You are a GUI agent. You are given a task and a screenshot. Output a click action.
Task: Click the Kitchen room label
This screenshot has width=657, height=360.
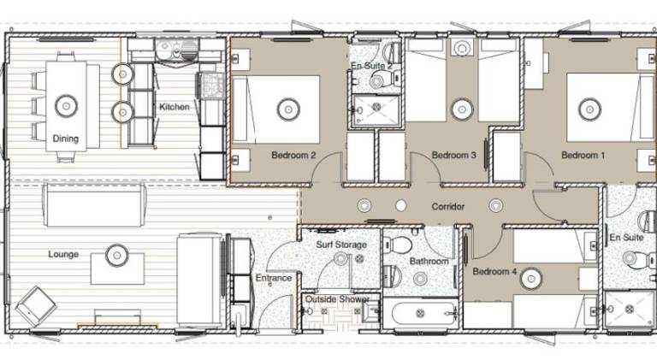pyautogui.click(x=175, y=107)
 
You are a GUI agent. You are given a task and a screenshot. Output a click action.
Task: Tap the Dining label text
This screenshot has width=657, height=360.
pyautogui.click(x=65, y=139)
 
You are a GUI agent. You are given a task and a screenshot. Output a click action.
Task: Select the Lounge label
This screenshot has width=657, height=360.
pyautogui.click(x=63, y=254)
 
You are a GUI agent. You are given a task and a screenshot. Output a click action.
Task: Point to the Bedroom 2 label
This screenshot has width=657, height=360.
pyautogui.click(x=293, y=156)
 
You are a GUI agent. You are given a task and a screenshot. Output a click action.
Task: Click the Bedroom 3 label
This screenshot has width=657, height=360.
pyautogui.click(x=453, y=156)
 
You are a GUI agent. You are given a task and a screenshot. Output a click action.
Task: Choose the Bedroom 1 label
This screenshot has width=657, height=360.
pyautogui.click(x=583, y=156)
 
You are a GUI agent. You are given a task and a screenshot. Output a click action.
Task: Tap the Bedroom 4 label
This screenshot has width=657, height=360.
pyautogui.click(x=494, y=271)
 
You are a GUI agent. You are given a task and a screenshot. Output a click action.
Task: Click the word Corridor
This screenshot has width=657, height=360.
pyautogui.click(x=448, y=206)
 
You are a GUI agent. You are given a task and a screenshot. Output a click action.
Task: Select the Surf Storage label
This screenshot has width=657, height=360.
pyautogui.click(x=341, y=245)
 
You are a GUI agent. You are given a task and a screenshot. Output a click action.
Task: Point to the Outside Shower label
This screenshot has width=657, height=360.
pyautogui.click(x=337, y=299)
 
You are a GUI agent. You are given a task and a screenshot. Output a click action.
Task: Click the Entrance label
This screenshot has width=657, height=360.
pyautogui.click(x=274, y=278)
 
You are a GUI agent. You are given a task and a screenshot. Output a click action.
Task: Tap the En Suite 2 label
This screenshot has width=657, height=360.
pyautogui.click(x=371, y=66)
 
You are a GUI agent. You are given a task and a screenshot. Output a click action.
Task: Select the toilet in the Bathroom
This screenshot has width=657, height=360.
pyautogui.click(x=398, y=245)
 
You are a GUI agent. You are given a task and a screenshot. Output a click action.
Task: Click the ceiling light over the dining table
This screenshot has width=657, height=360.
pyautogui.click(x=66, y=105)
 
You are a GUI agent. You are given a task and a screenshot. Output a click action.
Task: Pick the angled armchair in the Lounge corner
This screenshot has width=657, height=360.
pyautogui.click(x=36, y=306)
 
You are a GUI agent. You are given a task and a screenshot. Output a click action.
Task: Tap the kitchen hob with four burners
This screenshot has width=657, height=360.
pyautogui.click(x=211, y=85)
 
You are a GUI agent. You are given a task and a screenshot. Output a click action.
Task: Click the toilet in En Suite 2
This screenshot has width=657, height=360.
pyautogui.click(x=382, y=80)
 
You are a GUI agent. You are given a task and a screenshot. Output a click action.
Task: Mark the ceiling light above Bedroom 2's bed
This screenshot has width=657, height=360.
pyautogui.click(x=288, y=109)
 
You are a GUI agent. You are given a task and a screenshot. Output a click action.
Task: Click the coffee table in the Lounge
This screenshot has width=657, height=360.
pyautogui.click(x=118, y=269)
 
